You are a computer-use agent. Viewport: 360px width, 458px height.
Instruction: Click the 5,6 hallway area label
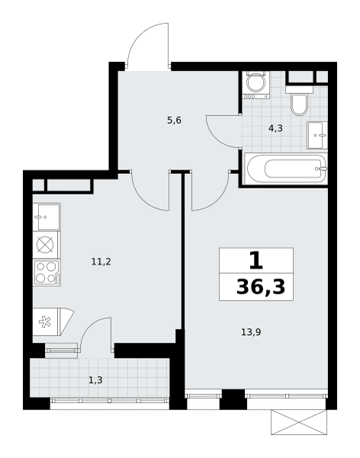[x=175, y=120]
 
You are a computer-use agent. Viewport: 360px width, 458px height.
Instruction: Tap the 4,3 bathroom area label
[x=275, y=128]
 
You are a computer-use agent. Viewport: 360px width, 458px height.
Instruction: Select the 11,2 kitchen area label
[x=101, y=262]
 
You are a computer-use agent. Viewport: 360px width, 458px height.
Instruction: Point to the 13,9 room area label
[x=251, y=332]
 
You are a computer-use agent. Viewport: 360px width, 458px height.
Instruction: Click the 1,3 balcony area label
[x=95, y=380]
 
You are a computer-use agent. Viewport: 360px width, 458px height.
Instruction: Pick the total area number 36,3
[x=260, y=287]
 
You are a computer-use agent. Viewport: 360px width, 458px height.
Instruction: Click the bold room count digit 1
[x=256, y=260]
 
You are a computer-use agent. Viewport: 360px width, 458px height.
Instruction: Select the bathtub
[x=285, y=169]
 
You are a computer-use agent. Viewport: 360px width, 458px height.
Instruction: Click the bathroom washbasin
[x=317, y=135]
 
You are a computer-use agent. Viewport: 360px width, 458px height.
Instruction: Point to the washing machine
[x=256, y=85]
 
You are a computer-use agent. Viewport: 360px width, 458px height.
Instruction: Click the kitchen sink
[x=47, y=217]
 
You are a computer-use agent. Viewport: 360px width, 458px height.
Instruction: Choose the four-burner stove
[x=47, y=273]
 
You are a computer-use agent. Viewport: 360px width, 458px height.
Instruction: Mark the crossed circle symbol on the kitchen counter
[x=45, y=244]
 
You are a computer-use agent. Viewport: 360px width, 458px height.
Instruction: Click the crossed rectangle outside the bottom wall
[x=299, y=422]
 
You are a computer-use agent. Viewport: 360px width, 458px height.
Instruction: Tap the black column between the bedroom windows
[x=233, y=399]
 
